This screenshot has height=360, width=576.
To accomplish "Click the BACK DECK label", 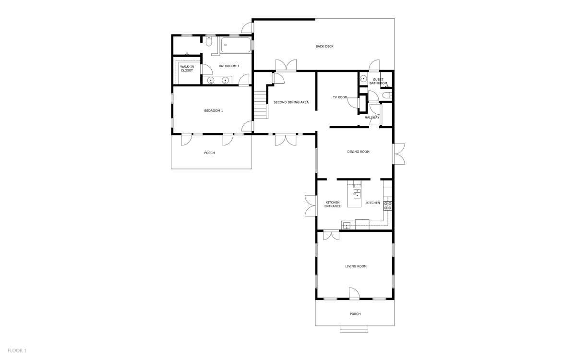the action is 324,46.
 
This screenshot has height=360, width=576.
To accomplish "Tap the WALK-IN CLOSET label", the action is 187,68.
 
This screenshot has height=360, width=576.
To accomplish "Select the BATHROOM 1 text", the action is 229,66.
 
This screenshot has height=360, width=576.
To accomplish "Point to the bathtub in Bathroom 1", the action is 236,45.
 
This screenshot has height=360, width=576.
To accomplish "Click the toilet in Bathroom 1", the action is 208,41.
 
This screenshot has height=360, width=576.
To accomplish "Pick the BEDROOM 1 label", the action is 214,110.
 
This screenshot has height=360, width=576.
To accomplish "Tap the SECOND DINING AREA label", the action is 291,102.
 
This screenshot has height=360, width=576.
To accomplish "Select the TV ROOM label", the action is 340,97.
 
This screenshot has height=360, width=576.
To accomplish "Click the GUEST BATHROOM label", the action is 378,81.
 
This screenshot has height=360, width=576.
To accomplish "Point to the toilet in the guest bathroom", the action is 387,96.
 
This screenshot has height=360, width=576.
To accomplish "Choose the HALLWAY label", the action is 372,117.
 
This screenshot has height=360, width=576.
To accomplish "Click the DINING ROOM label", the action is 358,152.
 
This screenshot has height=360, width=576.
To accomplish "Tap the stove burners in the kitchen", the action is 388,206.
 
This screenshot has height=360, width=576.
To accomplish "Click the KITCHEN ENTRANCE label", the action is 333,204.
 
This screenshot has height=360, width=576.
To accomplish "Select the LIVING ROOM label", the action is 356,266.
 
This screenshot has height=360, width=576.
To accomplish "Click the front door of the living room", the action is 354,294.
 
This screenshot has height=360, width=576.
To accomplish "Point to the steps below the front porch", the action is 354,329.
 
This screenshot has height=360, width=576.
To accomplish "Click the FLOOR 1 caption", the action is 17,350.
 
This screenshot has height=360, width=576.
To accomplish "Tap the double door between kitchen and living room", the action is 331,235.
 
